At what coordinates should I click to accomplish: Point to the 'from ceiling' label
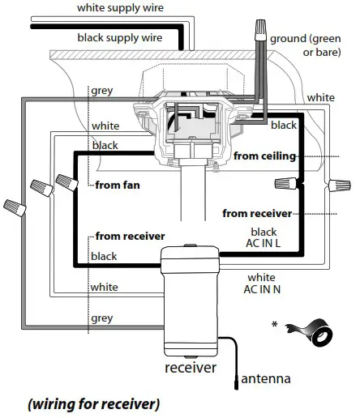264,155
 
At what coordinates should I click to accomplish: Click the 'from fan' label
118,185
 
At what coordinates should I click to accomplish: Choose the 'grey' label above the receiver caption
103,318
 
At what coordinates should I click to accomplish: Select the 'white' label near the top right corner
320,97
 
